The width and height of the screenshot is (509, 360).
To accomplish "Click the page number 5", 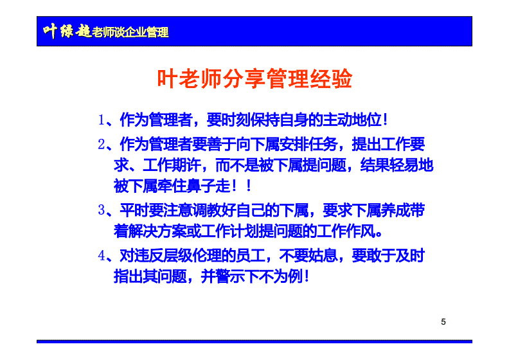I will pos(443,321).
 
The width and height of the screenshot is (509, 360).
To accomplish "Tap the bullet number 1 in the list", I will pos(101,120).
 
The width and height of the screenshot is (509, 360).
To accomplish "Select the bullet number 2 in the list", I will pos(101,144).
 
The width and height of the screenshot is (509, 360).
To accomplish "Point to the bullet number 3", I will pos(101,210).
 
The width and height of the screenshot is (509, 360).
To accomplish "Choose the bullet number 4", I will pos(101,255).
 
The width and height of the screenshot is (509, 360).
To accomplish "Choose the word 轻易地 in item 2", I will pos(410,166).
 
